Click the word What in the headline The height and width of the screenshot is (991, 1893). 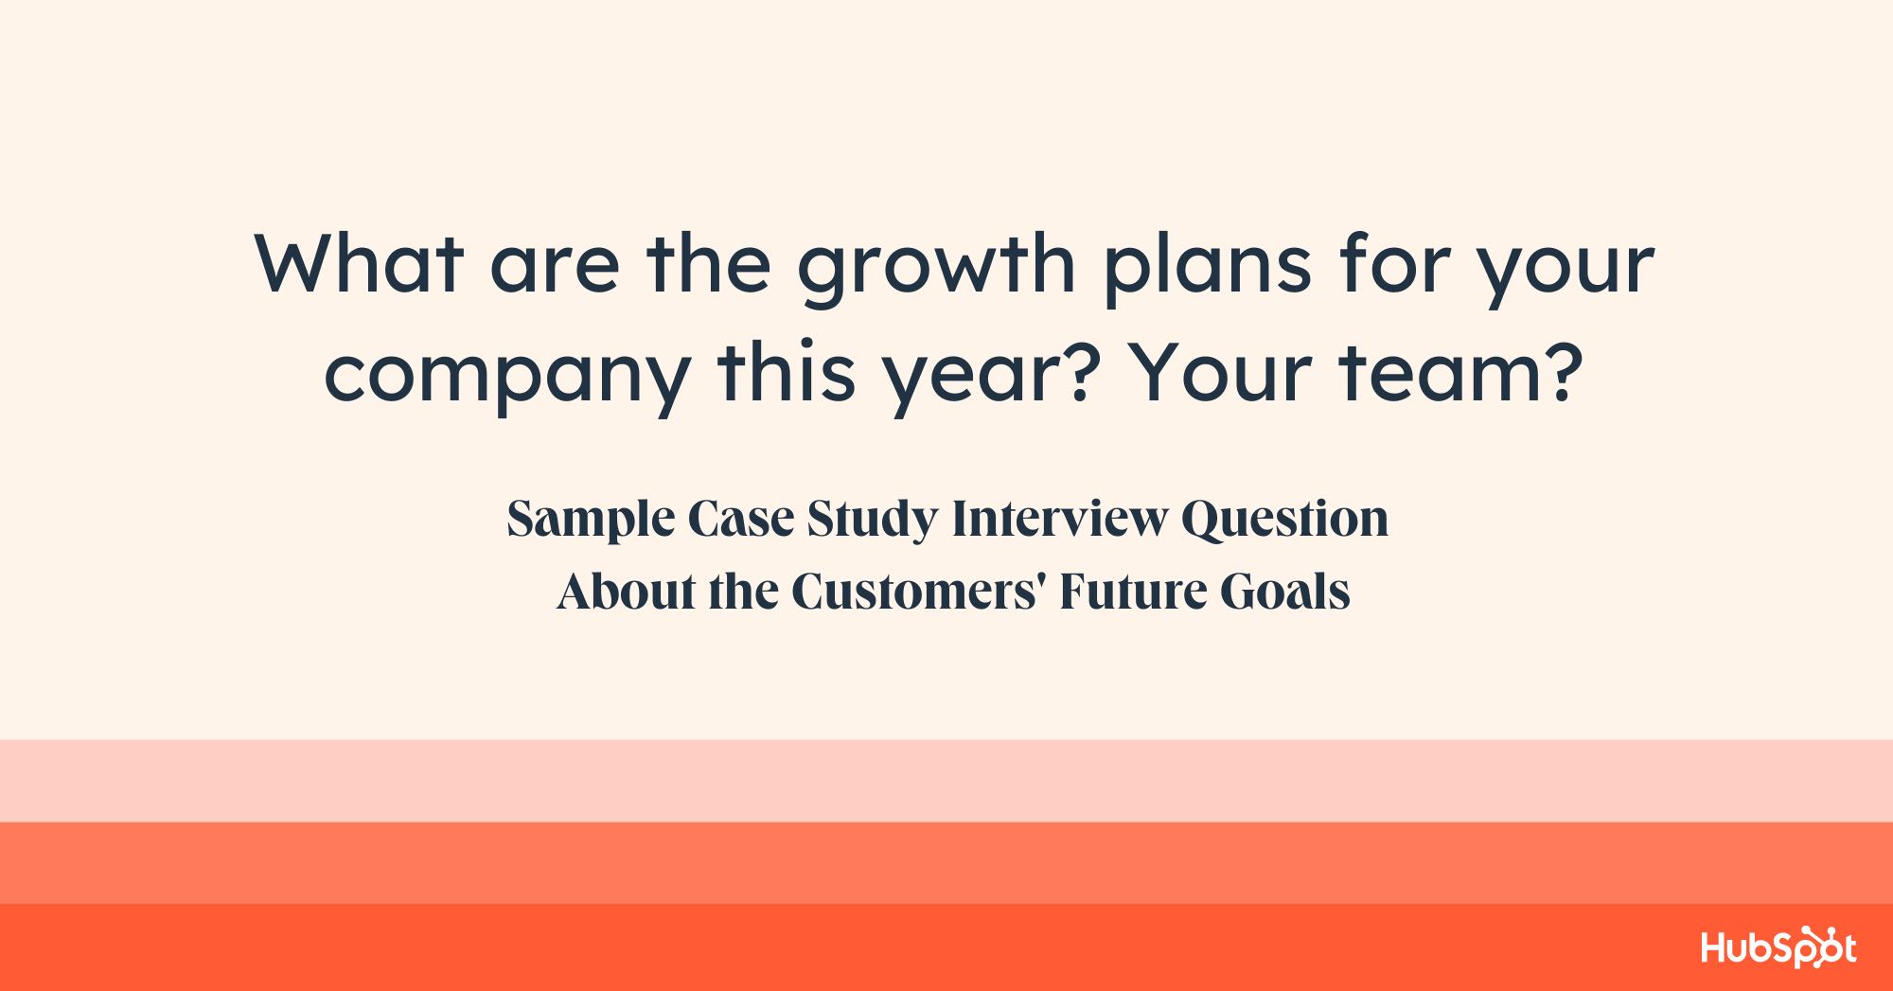(359, 264)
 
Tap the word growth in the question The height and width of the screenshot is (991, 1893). (936, 270)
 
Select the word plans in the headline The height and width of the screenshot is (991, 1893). (1208, 270)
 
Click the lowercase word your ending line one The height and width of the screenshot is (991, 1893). (1566, 270)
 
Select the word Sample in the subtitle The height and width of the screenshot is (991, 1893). (591, 520)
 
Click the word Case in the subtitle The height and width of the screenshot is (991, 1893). (740, 519)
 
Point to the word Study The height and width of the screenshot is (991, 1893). (872, 520)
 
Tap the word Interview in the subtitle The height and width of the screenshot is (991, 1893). (1059, 519)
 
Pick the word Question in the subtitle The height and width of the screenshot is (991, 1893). (1284, 520)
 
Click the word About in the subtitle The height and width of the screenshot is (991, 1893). (626, 592)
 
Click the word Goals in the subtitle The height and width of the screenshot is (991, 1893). (1284, 592)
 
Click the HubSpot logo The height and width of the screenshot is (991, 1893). (1778, 947)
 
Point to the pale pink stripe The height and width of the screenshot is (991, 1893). (946, 781)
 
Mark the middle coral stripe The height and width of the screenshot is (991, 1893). (946, 862)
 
